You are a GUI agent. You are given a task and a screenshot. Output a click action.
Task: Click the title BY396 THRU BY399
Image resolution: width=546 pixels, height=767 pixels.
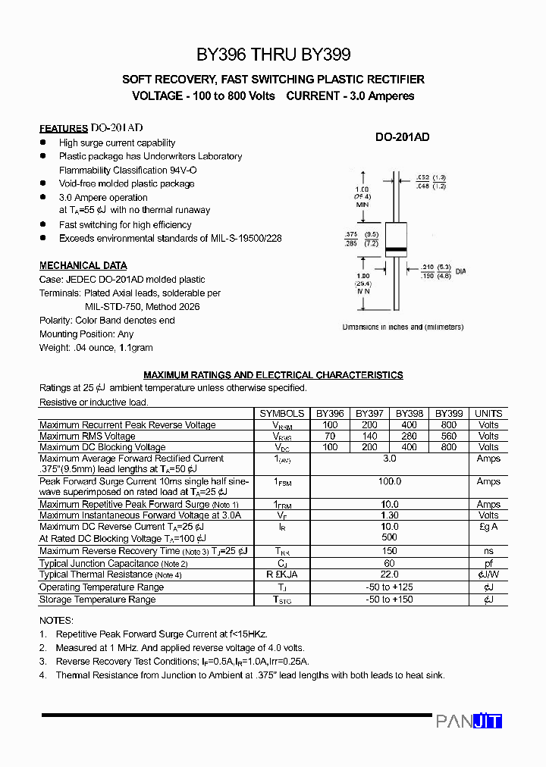tap(273, 55)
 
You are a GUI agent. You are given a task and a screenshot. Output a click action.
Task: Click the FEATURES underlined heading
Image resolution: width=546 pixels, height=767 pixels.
tap(64, 129)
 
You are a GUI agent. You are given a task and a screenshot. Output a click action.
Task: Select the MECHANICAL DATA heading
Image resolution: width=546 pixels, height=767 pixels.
tap(83, 266)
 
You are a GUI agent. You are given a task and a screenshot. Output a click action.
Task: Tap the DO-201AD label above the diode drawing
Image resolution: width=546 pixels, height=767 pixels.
tap(403, 137)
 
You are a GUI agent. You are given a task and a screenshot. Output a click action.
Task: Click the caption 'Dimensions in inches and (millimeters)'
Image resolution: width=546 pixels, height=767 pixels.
tap(403, 327)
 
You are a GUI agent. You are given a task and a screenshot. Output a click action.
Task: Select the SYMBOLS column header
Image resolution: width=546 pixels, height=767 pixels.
tap(282, 414)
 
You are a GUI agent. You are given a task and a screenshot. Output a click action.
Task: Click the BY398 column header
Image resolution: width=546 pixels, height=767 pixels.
tap(409, 414)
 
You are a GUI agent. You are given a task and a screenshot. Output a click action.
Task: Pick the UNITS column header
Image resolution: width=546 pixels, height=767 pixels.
tap(488, 414)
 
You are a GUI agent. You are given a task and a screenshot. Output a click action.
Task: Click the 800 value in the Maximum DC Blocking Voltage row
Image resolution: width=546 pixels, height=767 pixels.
tap(448, 448)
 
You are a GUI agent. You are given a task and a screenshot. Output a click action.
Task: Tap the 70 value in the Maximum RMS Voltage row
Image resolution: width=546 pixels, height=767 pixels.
tap(330, 437)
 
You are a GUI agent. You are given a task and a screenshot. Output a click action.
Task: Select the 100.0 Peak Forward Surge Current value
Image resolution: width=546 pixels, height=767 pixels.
tap(390, 482)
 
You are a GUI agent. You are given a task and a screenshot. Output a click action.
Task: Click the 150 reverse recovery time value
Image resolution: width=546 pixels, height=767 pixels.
tap(390, 552)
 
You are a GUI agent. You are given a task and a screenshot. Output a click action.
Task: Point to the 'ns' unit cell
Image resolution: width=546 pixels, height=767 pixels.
tap(488, 552)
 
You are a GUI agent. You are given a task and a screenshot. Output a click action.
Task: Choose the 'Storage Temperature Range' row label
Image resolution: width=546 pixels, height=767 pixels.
tap(97, 600)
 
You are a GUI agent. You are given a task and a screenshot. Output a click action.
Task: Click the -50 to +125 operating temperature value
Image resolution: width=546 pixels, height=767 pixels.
tap(390, 587)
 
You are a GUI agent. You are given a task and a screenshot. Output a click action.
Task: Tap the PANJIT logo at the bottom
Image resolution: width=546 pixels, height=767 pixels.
tap(469, 722)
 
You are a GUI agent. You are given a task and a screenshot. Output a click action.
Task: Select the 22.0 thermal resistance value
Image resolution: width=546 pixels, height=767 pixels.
tap(390, 575)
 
